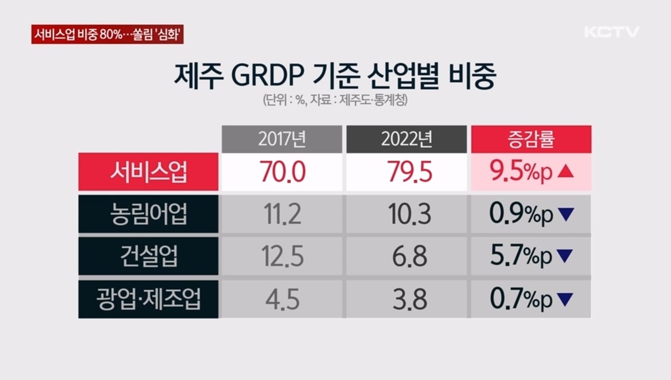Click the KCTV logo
(x=611, y=32)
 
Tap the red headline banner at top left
(x=108, y=35)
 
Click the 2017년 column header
(x=281, y=139)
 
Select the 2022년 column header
(x=406, y=139)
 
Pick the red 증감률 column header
(x=531, y=139)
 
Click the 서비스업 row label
(x=148, y=172)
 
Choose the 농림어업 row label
(x=148, y=214)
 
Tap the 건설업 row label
(x=148, y=256)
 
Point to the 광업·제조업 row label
(x=148, y=299)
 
